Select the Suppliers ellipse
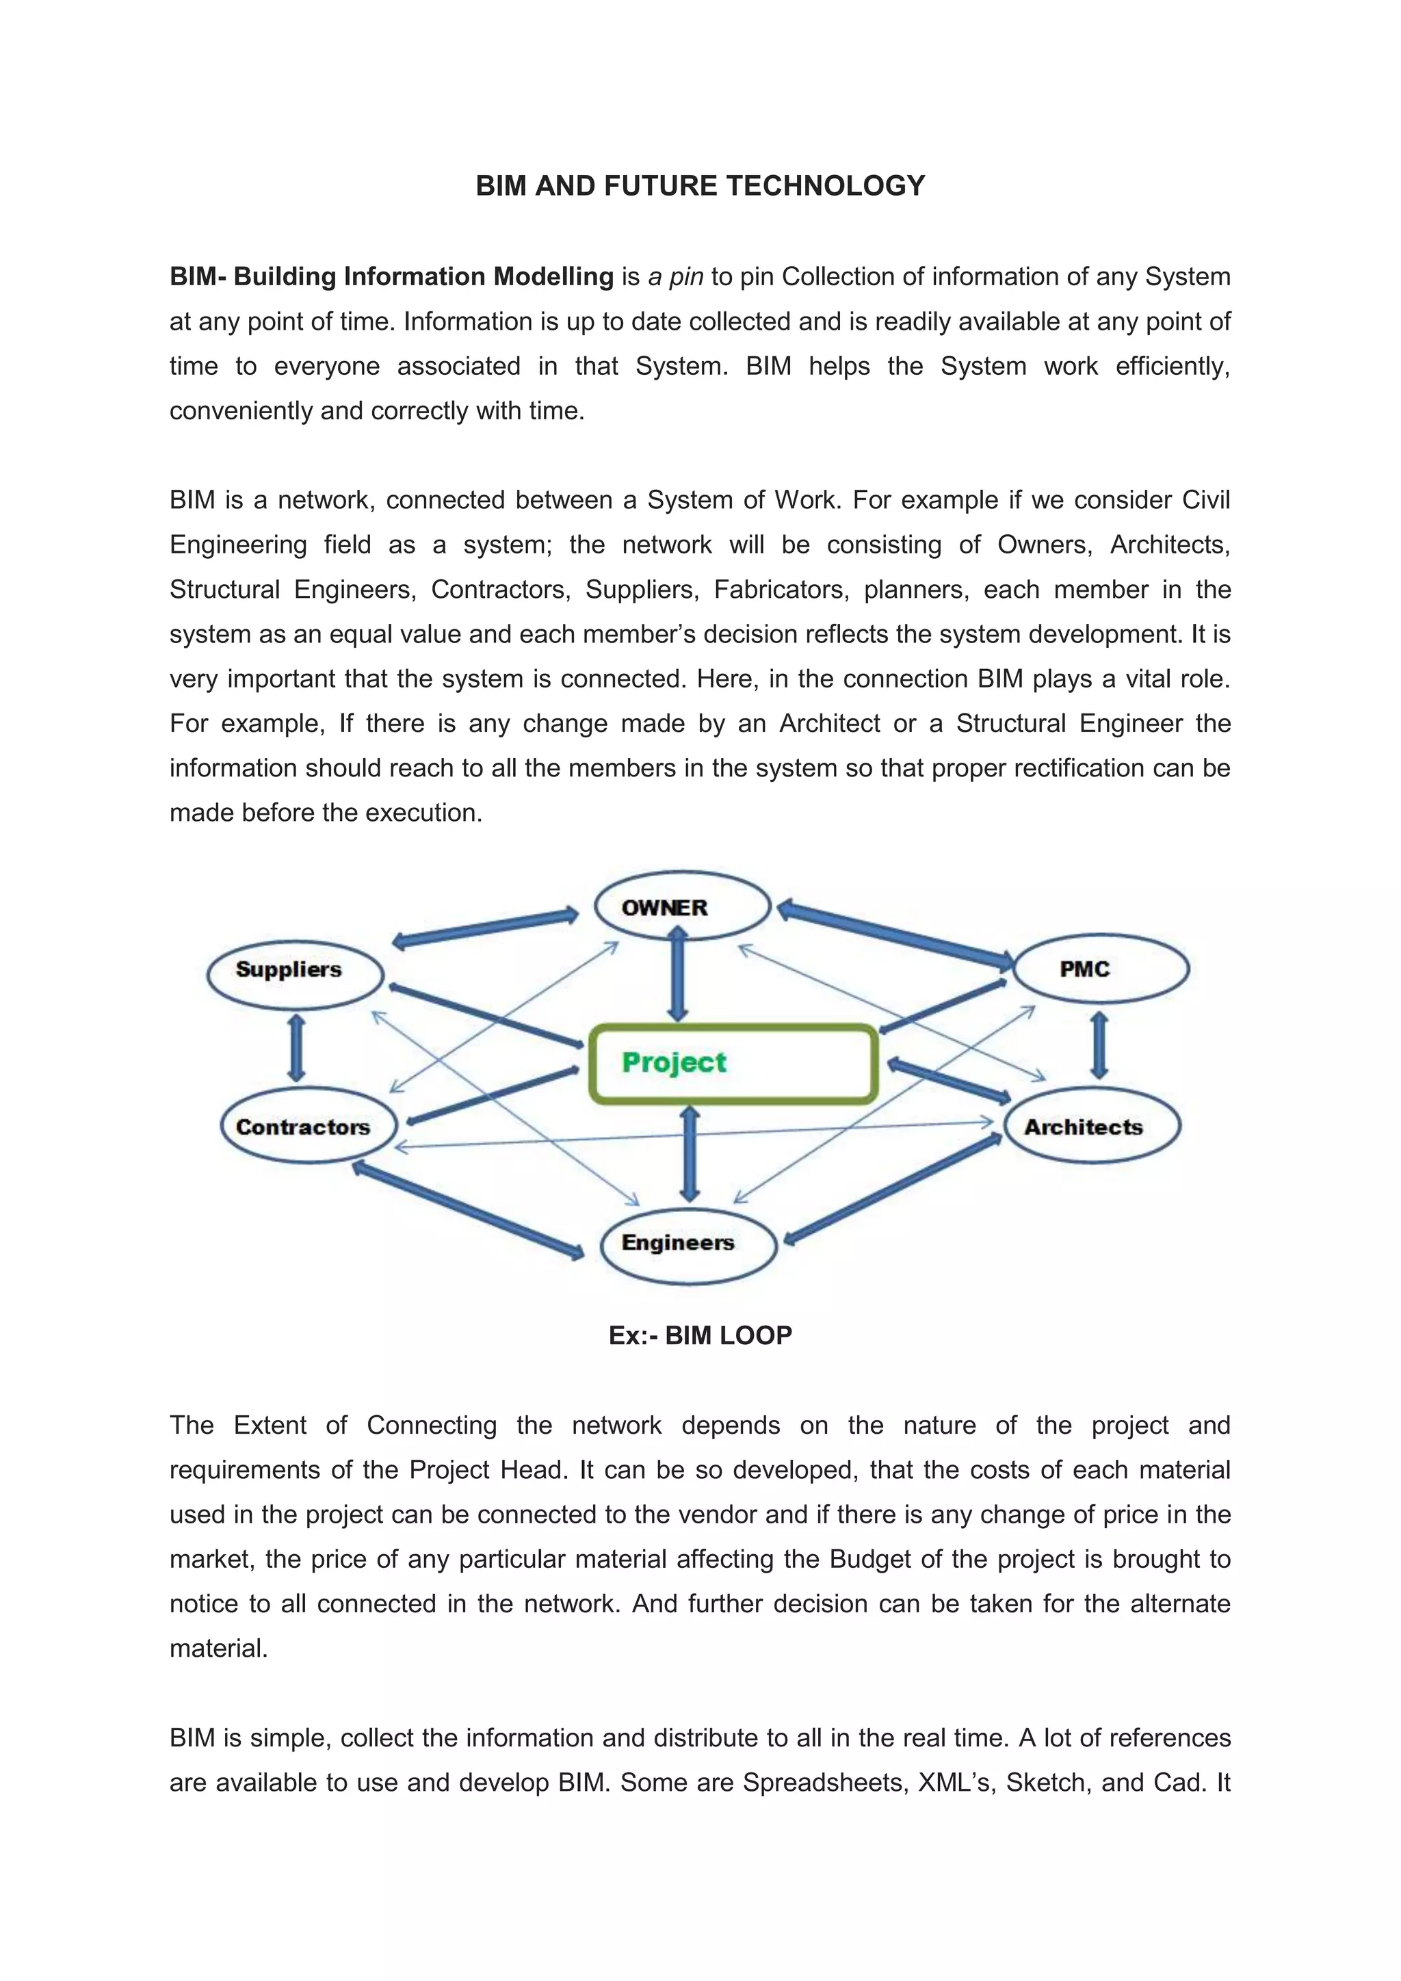click(x=295, y=973)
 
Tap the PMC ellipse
click(x=1100, y=968)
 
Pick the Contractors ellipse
click(x=308, y=1126)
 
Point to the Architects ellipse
click(x=1091, y=1126)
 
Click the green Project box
click(x=733, y=1063)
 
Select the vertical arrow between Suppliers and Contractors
click(x=296, y=1049)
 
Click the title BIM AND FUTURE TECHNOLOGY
click(x=700, y=186)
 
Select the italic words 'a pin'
click(x=675, y=277)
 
